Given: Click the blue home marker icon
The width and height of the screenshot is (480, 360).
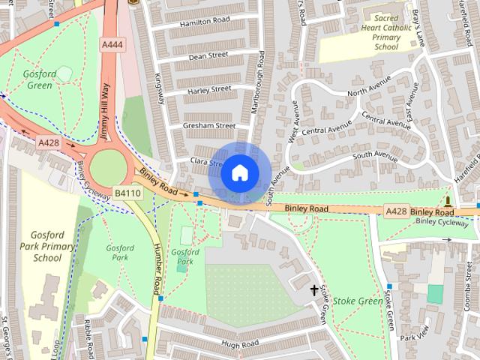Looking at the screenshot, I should [239, 173].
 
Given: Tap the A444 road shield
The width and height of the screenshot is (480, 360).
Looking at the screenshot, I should [112, 45].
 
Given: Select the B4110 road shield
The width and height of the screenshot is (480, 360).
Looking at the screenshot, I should [127, 193].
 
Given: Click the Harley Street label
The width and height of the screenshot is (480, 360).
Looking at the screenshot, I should [209, 90].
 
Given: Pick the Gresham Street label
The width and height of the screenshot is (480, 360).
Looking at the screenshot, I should [209, 125].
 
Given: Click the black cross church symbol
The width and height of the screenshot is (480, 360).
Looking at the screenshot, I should [313, 289].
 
